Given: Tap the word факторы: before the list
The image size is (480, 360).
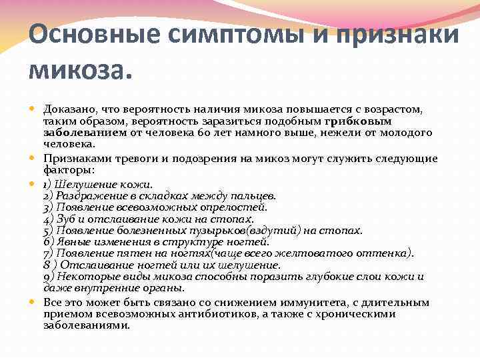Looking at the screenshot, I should (65, 170).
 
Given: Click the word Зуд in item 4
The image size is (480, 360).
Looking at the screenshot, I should (65, 219).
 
